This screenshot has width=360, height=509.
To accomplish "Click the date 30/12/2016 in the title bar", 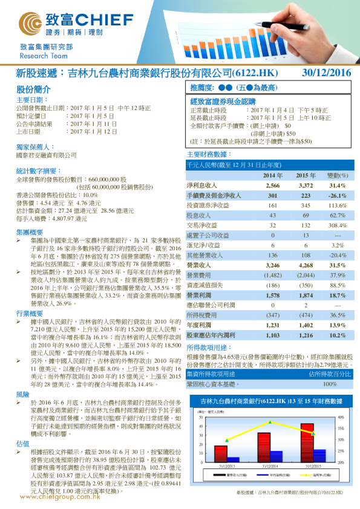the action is [x=326, y=73].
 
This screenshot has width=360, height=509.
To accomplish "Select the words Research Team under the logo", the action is [x=38, y=55].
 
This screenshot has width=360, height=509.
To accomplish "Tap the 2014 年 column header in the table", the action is [x=272, y=175].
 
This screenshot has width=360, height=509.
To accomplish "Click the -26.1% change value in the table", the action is [x=337, y=196].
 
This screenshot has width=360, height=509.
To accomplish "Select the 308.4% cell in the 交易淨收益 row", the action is [x=337, y=225].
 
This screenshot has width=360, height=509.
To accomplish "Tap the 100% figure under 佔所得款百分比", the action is [x=330, y=383].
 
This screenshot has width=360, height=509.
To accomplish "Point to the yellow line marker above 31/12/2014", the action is [x=269, y=421].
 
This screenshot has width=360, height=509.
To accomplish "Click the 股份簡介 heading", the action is [x=30, y=89].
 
